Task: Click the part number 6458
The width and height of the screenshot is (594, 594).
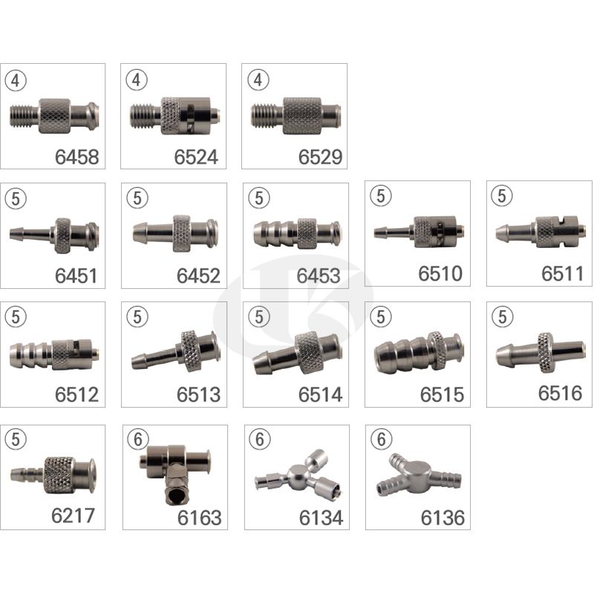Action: coord(77,157)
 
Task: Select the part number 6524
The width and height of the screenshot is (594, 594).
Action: coord(196,157)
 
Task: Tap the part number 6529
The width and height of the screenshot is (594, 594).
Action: coord(320,157)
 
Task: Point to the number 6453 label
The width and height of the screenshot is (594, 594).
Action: coord(319,275)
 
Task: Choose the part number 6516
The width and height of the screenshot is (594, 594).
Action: coord(560,393)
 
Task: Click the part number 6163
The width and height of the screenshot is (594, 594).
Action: coord(199,518)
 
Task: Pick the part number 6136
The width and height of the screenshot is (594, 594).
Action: coord(443,518)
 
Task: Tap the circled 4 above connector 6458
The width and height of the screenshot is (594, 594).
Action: coord(16,80)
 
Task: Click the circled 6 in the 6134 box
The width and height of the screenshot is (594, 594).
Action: coord(260,440)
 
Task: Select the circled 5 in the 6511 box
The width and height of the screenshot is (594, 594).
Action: coord(502,196)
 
